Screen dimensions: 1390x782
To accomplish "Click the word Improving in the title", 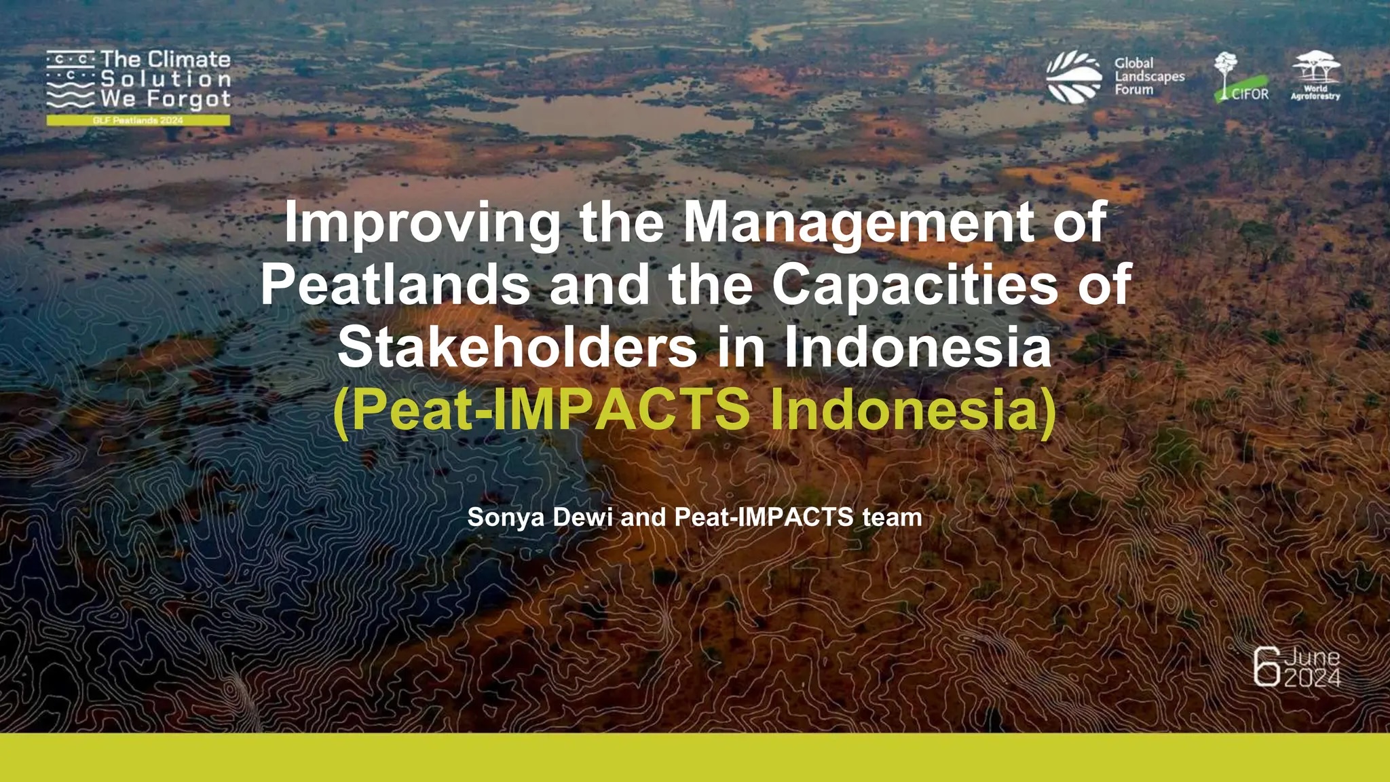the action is (x=421, y=223).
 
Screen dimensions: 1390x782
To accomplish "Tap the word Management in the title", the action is (x=859, y=223).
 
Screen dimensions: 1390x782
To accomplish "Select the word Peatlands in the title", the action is (x=395, y=284).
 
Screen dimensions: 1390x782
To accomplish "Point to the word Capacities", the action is (x=915, y=286).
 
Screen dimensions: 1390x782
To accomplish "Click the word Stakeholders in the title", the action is (x=517, y=346).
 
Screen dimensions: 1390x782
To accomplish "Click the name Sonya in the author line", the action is (x=506, y=518).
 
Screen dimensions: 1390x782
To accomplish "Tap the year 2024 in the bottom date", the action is (x=1312, y=677).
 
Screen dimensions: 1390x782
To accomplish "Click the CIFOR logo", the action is (x=1241, y=78).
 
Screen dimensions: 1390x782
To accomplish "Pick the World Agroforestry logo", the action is (x=1315, y=76).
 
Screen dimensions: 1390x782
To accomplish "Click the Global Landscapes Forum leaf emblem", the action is (x=1074, y=77).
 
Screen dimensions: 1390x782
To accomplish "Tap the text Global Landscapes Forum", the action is (x=1149, y=76).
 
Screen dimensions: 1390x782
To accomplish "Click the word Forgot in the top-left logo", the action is (x=189, y=100).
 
